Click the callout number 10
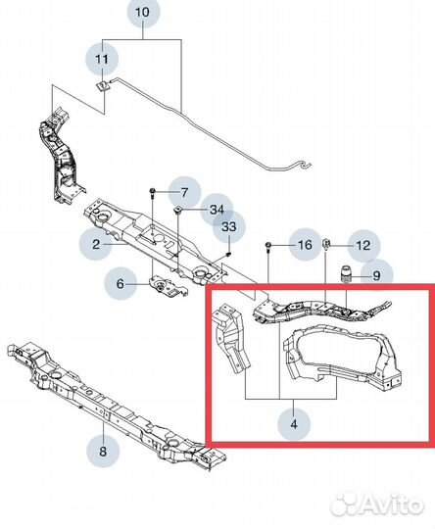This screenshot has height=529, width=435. click(142, 13)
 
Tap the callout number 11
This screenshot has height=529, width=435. click(102, 60)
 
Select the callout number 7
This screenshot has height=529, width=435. click(184, 193)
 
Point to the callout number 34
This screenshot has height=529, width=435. click(217, 210)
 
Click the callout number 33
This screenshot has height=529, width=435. click(228, 226)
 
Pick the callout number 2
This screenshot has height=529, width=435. click(96, 244)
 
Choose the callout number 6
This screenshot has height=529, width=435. click(121, 284)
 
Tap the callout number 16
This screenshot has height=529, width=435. click(305, 245)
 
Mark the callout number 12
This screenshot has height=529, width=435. click(363, 245)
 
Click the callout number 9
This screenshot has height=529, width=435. click(376, 276)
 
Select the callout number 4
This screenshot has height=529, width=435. click(294, 424)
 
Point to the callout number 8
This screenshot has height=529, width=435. click(103, 451)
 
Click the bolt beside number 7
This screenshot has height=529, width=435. click(152, 193)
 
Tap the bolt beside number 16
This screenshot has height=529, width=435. click(268, 246)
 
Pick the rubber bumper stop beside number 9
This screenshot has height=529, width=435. click(346, 275)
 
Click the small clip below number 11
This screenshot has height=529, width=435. click(101, 86)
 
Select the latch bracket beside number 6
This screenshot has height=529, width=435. click(168, 287)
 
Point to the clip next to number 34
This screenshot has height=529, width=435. click(178, 211)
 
